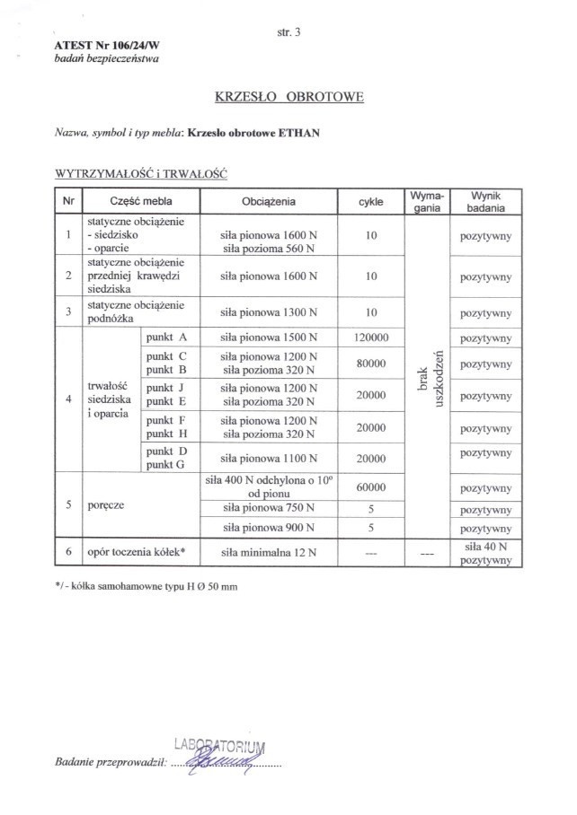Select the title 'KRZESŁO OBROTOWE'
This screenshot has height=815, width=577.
click(x=288, y=96)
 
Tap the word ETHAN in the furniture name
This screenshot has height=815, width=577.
click(x=301, y=132)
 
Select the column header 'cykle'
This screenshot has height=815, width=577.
click(x=370, y=202)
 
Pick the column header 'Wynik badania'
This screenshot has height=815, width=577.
click(x=484, y=201)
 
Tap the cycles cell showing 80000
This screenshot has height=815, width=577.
click(x=370, y=364)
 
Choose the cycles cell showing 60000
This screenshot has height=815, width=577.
click(x=370, y=487)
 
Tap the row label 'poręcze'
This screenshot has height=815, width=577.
click(x=107, y=505)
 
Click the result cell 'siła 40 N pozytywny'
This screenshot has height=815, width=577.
click(x=485, y=552)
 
